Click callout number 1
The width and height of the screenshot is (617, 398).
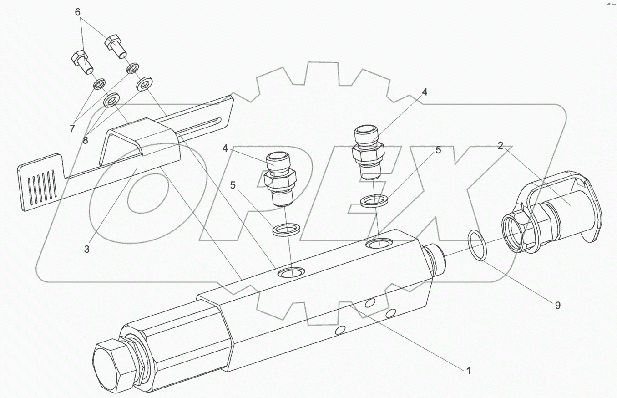click(x=467, y=371)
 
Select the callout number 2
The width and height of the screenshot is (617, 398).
click(x=501, y=146)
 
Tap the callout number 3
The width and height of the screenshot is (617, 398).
click(x=86, y=249)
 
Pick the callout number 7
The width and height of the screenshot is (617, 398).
click(x=72, y=128)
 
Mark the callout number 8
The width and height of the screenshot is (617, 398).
click(x=86, y=140)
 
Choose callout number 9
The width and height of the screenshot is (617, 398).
click(x=557, y=305)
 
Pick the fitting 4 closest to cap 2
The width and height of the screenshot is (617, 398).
click(x=368, y=153)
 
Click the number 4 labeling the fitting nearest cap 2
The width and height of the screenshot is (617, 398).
click(x=425, y=92)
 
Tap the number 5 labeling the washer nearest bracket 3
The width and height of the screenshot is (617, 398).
click(x=233, y=186)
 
